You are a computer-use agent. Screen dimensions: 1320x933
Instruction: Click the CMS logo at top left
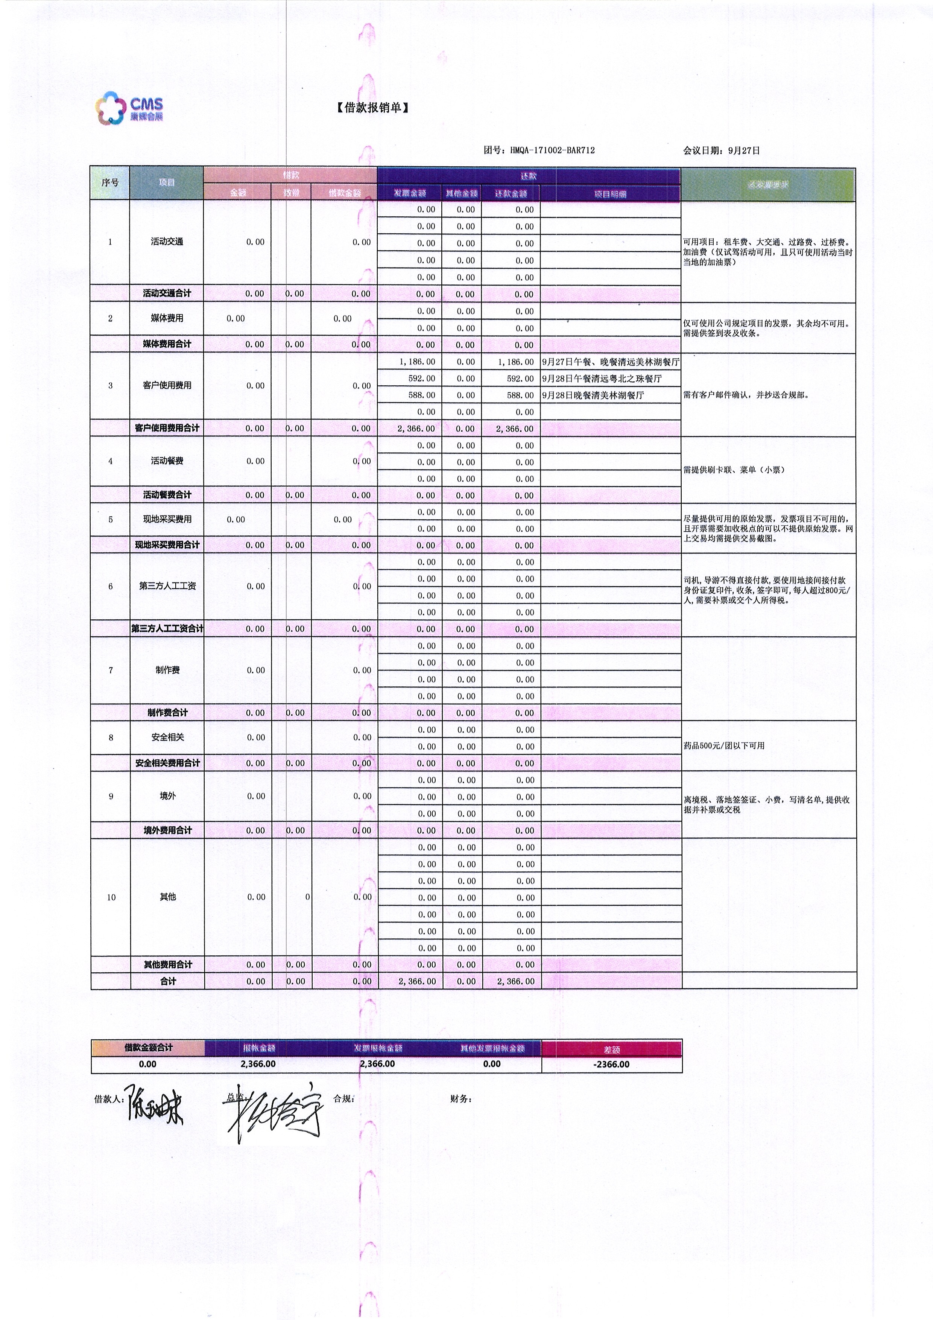point(130,108)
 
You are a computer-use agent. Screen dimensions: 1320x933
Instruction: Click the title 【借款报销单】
point(372,108)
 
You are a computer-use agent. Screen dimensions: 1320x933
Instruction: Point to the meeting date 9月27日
point(743,151)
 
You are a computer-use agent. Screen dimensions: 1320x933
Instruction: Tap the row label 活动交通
point(167,242)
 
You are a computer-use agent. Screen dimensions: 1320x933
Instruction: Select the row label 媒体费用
point(167,318)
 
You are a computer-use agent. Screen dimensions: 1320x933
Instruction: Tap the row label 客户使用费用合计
point(167,428)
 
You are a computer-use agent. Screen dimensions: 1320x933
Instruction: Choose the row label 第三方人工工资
point(167,586)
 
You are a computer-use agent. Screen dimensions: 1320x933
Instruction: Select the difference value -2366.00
point(611,1064)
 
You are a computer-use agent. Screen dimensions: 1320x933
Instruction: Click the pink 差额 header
point(611,1049)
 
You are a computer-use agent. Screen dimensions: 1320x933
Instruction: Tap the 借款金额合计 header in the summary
point(148,1048)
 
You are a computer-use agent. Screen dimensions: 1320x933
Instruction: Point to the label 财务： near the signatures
point(461,1099)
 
